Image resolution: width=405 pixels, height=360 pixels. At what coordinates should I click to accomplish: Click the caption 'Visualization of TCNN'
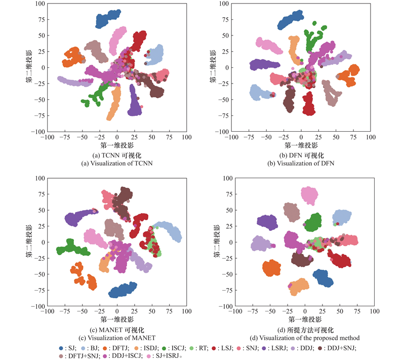tap(117, 163)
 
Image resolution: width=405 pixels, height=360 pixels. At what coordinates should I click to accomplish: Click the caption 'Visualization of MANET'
tap(117, 338)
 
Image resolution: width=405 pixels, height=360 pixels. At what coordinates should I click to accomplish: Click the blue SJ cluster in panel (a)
tap(108, 19)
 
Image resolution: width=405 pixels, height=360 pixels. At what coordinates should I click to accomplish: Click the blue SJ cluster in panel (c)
tap(122, 290)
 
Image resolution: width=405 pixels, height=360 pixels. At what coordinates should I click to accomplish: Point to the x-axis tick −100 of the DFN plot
tap(231, 137)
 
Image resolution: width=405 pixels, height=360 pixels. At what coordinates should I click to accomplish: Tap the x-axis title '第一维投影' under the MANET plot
tap(117, 319)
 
